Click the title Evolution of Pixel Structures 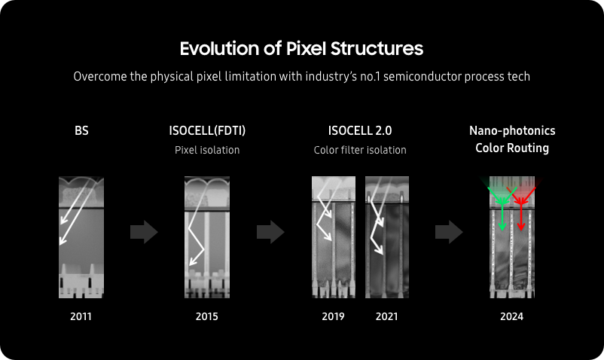pos(301,49)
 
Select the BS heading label pos(81,130)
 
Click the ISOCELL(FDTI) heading pos(207,130)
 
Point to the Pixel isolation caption pos(207,150)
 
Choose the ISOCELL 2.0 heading pos(360,130)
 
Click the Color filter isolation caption pos(360,150)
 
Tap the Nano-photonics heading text pos(512,130)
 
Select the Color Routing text pos(512,148)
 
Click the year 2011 pos(81,316)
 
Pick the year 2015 pos(207,316)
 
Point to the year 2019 pos(333,316)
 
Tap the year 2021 pos(387,316)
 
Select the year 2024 pos(511,316)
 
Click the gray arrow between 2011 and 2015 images pos(144,232)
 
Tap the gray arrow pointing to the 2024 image pos(449,232)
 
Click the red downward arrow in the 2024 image pos(521,216)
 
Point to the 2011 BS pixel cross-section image pos(81,237)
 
